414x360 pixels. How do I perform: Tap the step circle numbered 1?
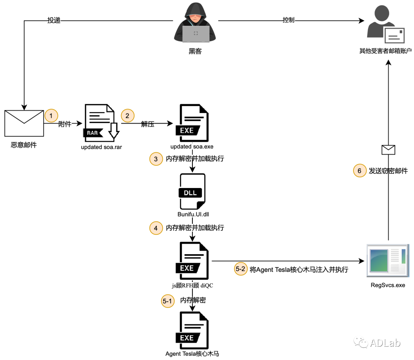(x=51, y=115)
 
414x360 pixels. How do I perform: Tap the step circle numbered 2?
(x=128, y=115)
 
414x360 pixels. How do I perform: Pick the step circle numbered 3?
(x=156, y=159)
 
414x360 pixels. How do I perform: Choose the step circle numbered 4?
(x=156, y=228)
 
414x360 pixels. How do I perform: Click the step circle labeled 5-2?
(x=240, y=269)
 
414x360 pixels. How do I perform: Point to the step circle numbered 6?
(x=360, y=171)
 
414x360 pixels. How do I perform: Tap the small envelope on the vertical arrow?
(x=388, y=149)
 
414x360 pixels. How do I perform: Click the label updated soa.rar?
(x=101, y=147)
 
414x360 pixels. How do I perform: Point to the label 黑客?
(x=195, y=51)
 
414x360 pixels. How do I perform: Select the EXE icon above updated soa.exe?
(x=192, y=123)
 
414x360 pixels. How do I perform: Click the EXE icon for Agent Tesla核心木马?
(x=192, y=330)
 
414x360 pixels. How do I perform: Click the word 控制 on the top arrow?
(x=288, y=20)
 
